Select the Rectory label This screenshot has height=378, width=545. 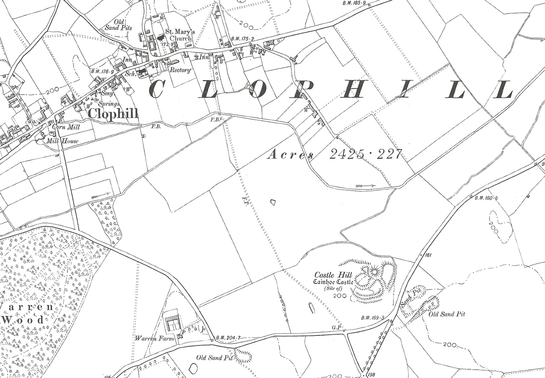coord(180,70)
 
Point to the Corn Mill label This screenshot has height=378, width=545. coord(66,127)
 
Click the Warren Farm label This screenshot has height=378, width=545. coord(154,338)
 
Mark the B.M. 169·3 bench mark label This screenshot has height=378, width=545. coord(371,318)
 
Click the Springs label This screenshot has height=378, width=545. coord(109,104)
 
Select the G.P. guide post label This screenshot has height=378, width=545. coord(337,327)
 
